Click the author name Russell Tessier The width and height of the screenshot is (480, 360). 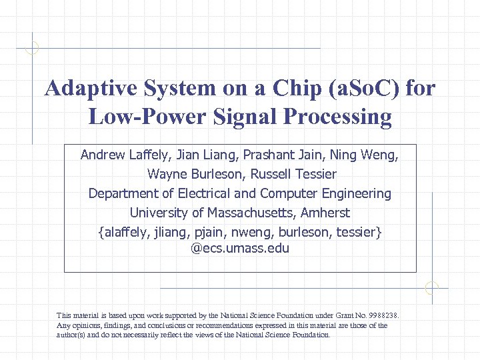click(x=293, y=175)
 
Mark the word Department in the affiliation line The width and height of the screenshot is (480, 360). click(x=124, y=194)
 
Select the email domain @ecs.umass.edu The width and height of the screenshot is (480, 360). click(x=240, y=249)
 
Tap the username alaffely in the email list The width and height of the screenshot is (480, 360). click(x=127, y=233)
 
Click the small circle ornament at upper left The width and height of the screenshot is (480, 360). click(x=32, y=48)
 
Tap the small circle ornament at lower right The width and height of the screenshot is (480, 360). click(x=432, y=288)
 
